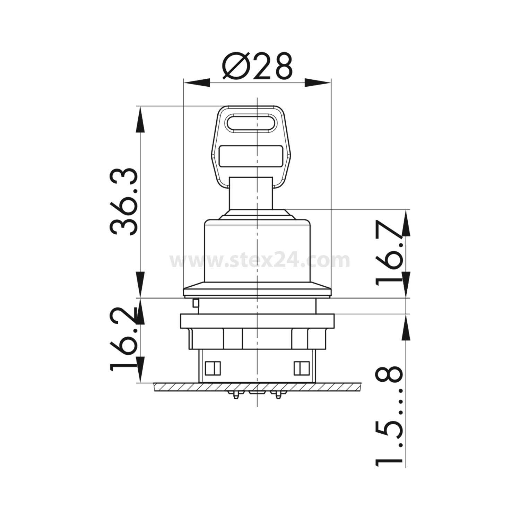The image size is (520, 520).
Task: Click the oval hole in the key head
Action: (250, 124)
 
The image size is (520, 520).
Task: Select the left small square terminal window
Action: (213, 369)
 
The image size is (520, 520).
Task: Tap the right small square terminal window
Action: (301, 369)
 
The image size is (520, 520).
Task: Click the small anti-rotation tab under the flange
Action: (196, 303)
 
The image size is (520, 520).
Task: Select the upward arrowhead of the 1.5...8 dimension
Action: (406, 328)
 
